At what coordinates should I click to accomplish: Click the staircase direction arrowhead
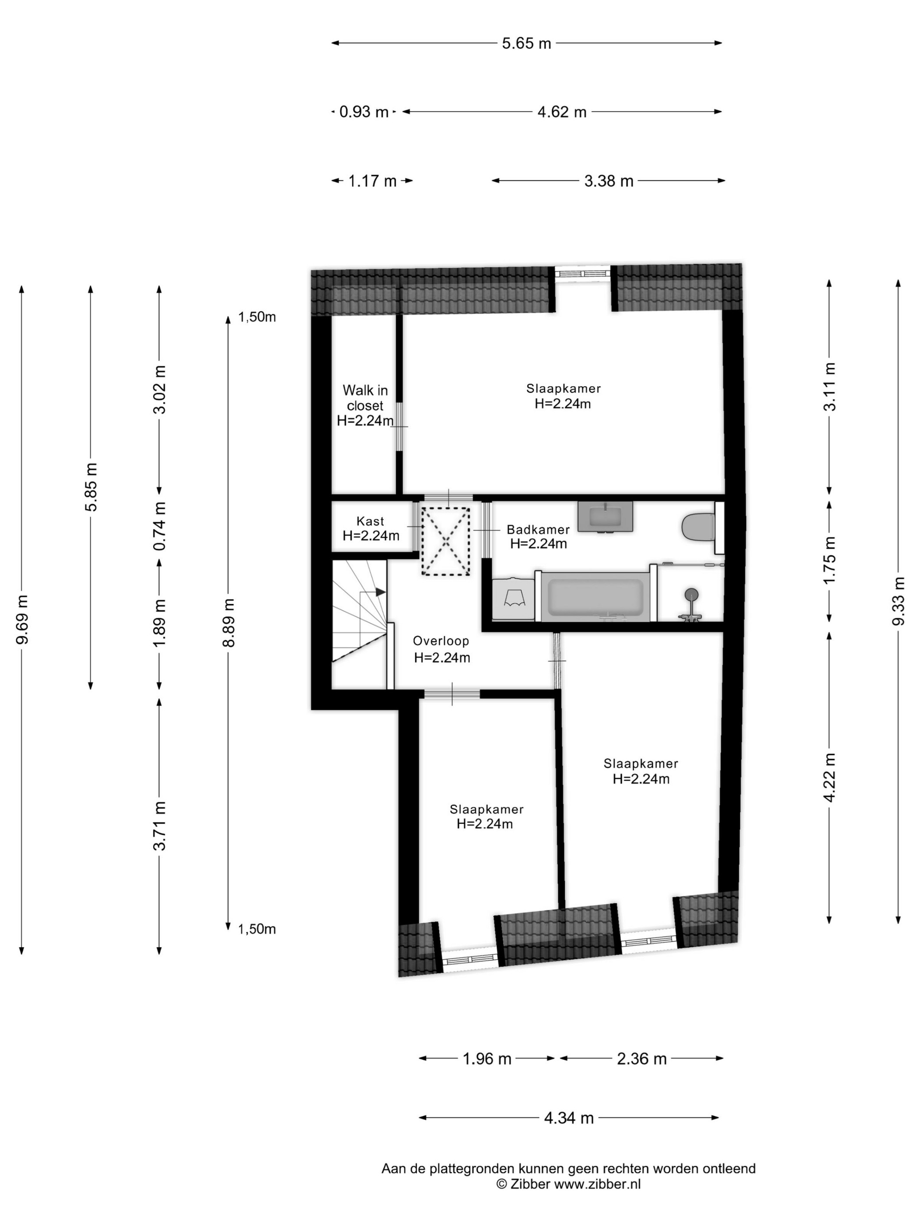[x=380, y=592]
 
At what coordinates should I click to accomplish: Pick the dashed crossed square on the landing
[x=445, y=542]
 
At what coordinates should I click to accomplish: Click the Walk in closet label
[x=365, y=405]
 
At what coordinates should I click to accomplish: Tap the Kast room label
[x=371, y=528]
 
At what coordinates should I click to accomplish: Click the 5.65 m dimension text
[x=526, y=43]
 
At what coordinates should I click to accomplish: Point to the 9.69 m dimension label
[x=22, y=620]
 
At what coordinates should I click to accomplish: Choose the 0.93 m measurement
[x=363, y=112]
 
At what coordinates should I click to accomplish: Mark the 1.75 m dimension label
[x=829, y=560]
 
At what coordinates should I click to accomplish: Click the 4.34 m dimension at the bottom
[x=568, y=1118]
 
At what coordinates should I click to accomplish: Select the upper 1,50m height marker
[x=257, y=317]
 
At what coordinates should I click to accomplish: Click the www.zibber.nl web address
[x=597, y=1184]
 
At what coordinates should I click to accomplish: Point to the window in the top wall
[x=583, y=272]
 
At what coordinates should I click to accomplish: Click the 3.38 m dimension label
[x=609, y=181]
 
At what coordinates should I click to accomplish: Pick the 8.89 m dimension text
[x=229, y=622]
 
